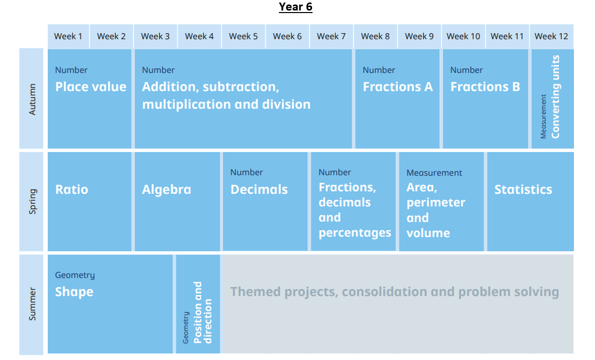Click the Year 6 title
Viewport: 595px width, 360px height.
pos(295,7)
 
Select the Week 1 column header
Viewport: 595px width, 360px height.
pos(68,37)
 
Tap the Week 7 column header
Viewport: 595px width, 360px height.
pos(331,37)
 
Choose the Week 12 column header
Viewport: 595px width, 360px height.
pos(551,37)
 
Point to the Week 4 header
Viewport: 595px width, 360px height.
pos(199,37)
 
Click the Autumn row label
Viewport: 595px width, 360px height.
pos(32,99)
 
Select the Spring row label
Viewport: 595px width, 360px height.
pos(32,201)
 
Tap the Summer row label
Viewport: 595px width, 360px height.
pos(32,304)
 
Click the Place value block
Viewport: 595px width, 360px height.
pos(90,99)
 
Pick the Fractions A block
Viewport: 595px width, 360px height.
pos(397,99)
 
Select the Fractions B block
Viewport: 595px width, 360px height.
pos(485,99)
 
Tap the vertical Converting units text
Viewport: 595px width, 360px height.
pos(555,97)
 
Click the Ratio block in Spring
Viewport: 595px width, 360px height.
pos(90,202)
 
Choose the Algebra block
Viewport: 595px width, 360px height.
pos(177,202)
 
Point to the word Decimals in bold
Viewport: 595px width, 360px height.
pos(259,189)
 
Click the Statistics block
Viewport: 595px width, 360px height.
pos(530,202)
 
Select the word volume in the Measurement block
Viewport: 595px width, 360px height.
pos(428,233)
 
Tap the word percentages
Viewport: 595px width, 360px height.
pos(355,233)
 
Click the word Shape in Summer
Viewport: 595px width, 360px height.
pos(74,292)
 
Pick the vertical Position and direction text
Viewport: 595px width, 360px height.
pos(203,312)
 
